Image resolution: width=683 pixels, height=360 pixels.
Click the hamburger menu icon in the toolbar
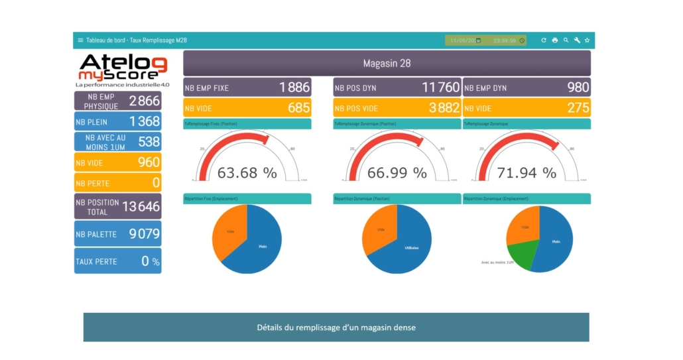80,40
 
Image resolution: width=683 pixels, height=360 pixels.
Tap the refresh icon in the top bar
544,40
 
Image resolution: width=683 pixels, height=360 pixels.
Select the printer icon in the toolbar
555,40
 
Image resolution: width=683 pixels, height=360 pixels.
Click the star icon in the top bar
588,40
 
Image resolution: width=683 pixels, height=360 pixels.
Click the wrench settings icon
577,40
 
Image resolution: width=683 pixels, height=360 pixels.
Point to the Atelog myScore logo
123,70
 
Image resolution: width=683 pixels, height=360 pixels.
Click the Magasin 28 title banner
387,64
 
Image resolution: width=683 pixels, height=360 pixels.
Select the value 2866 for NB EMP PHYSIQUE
144,101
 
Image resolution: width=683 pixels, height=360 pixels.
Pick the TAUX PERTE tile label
96,262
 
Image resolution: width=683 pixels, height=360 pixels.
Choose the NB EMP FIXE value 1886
294,88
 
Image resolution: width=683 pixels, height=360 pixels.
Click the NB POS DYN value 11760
440,88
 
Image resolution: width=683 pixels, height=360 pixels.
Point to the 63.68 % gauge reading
247,173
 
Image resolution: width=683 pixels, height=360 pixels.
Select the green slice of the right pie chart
521,255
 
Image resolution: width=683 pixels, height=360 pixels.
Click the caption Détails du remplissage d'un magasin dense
336,328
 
